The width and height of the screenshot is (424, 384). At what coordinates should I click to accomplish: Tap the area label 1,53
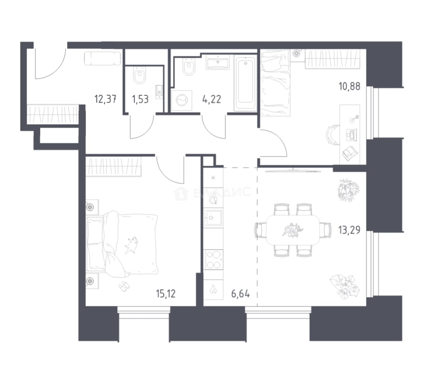[140, 99]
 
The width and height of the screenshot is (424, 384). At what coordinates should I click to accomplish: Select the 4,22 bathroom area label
[211, 99]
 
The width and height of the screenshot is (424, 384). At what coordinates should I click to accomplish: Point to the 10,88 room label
[349, 86]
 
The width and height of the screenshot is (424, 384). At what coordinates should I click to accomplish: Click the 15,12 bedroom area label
[166, 293]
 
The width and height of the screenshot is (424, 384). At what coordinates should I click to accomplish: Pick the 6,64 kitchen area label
[240, 294]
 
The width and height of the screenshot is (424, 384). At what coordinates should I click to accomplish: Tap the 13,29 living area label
[349, 230]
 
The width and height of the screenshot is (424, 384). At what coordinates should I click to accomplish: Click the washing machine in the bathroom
[182, 101]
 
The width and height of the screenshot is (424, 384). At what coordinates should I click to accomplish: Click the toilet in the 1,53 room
[140, 75]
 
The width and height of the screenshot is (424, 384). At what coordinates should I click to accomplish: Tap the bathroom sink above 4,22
[218, 62]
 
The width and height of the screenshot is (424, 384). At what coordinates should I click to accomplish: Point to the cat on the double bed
[131, 245]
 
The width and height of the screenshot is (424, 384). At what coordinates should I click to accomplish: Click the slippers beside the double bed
[124, 286]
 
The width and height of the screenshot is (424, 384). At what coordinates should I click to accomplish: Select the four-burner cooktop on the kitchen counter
[213, 260]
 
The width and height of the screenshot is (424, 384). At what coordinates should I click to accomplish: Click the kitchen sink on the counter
[213, 218]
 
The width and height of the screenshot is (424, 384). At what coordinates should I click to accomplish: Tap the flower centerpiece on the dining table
[293, 230]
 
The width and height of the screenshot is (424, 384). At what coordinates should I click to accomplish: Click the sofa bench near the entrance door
[103, 59]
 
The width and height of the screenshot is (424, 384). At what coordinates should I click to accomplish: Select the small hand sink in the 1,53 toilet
[159, 91]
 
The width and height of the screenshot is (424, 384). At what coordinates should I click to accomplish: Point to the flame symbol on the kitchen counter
[213, 289]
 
